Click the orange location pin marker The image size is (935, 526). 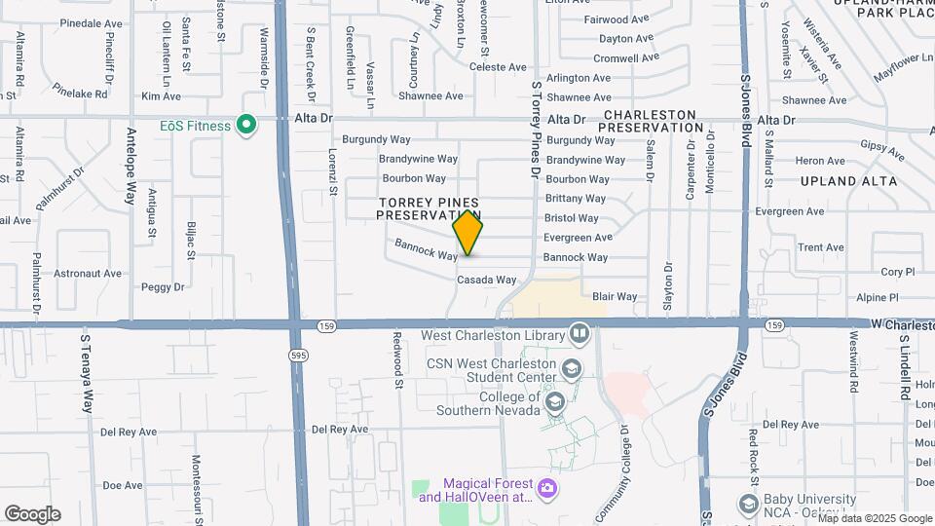pyautogui.click(x=467, y=232)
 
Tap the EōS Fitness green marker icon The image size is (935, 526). pyautogui.click(x=247, y=125)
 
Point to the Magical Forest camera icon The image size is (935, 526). pyautogui.click(x=547, y=486)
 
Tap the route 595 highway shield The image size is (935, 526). pyautogui.click(x=297, y=357)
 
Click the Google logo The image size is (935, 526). pyautogui.click(x=32, y=514)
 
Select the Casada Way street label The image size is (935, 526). pyautogui.click(x=487, y=280)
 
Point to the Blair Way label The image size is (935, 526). pyautogui.click(x=615, y=296)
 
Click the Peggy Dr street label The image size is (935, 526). pyautogui.click(x=163, y=286)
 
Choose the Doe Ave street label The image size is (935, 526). pyautogui.click(x=122, y=485)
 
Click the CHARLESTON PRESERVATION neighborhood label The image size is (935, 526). pyautogui.click(x=650, y=121)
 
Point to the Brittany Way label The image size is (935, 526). pyautogui.click(x=577, y=198)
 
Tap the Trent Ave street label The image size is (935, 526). pyautogui.click(x=820, y=247)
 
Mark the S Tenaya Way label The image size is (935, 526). pyautogui.click(x=86, y=374)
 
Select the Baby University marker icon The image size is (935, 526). pyautogui.click(x=748, y=504)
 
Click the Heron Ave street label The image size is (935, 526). pyautogui.click(x=819, y=161)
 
